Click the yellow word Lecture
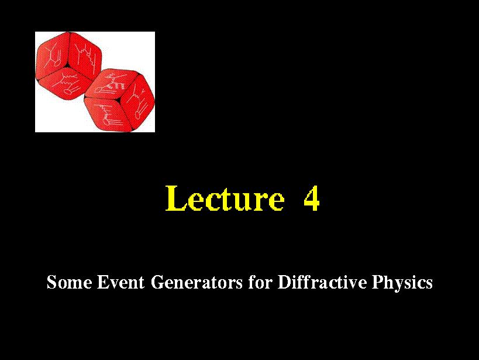coord(225,198)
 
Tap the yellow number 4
coord(312,199)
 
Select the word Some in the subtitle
coord(69,282)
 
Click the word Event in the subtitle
coord(120,282)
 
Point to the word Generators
coord(197,282)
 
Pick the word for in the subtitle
coord(260,282)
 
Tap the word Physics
coord(402,283)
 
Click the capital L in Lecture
coord(175,198)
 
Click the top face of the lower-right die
coord(112,83)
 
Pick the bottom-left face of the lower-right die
coord(108,114)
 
